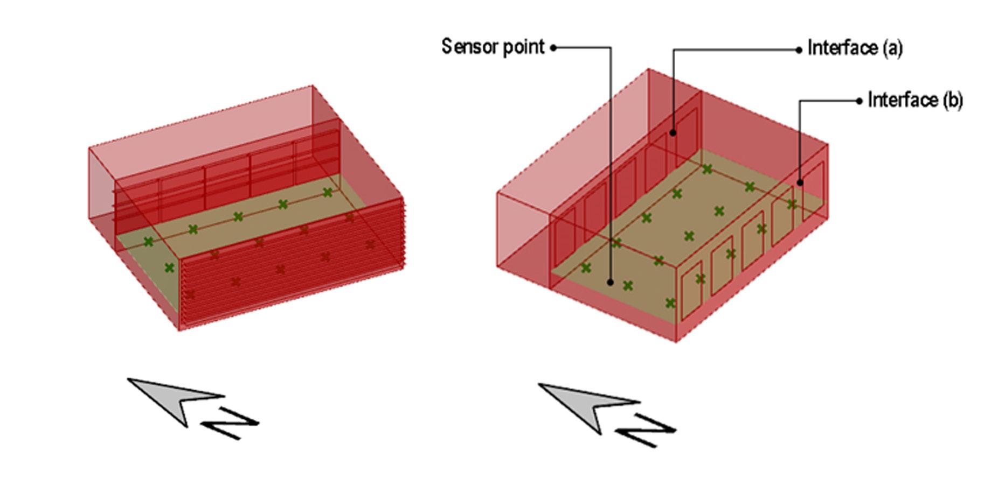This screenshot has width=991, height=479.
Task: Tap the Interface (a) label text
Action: [855, 49]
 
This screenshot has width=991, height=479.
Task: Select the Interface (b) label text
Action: [915, 101]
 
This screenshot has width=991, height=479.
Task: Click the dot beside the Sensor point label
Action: [553, 48]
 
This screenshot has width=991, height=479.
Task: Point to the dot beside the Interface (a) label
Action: [799, 50]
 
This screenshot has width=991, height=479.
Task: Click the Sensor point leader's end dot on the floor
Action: [610, 281]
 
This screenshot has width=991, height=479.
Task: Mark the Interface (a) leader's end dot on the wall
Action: [673, 132]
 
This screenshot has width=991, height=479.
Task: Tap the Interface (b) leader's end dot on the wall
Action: [800, 182]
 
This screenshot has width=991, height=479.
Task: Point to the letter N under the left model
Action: [230, 424]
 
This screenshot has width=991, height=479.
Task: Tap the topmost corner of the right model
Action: [648, 69]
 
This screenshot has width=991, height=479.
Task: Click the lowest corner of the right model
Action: [676, 341]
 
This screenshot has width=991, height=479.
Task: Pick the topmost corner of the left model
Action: [313, 86]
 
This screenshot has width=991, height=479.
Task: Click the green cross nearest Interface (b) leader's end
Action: [792, 205]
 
